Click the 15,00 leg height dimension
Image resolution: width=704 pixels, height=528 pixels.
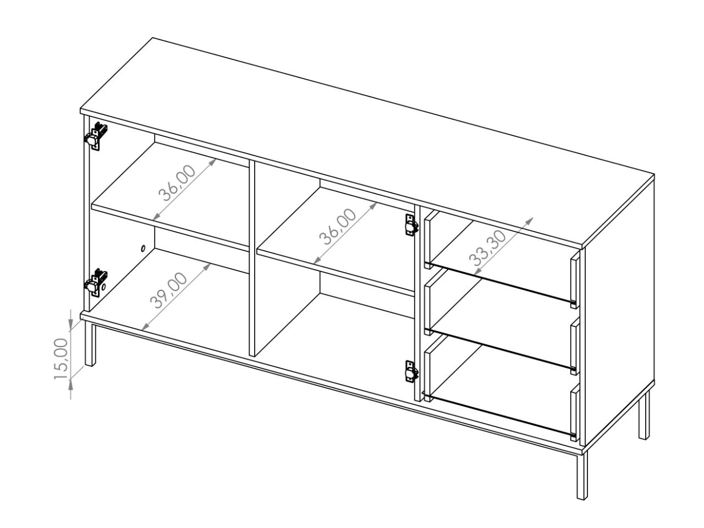[x=61, y=359]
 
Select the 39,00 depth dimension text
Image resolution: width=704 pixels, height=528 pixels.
[x=168, y=290]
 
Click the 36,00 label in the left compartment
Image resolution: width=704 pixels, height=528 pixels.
[x=177, y=183]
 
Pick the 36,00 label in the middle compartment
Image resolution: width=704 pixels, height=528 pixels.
[x=338, y=227]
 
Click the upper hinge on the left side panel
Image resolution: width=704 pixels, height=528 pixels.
[x=95, y=136]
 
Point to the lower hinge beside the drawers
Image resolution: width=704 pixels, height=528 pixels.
[x=411, y=371]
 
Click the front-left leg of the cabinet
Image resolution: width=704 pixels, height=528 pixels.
[x=90, y=345]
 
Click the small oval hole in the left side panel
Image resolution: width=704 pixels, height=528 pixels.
[x=142, y=248]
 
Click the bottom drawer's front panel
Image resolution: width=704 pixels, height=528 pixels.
[x=575, y=412]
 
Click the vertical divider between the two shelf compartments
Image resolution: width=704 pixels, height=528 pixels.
[x=252, y=258]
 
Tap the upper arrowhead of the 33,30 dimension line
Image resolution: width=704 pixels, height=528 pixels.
[x=529, y=221]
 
